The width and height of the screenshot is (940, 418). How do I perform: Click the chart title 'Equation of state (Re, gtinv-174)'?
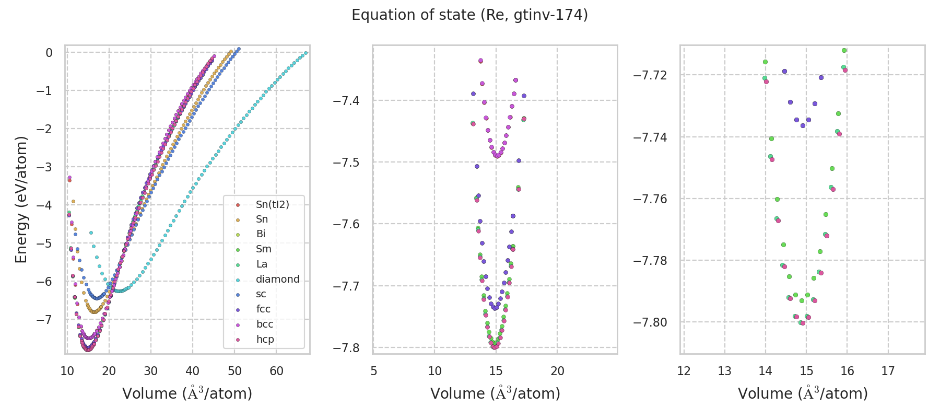point(469,15)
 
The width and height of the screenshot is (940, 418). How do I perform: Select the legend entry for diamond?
point(277,279)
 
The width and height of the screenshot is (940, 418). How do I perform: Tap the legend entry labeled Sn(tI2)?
point(272,204)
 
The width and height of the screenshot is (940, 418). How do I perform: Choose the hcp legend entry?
point(265,339)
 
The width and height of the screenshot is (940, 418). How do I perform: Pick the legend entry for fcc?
point(263,309)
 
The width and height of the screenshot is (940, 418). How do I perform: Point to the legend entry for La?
point(262,264)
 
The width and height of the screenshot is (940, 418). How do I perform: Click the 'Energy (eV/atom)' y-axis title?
point(21,200)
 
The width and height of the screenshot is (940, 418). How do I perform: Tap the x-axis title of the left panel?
point(187,393)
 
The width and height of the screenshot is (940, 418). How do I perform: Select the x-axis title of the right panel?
point(803,393)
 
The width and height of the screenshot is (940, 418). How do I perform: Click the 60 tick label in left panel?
point(276,371)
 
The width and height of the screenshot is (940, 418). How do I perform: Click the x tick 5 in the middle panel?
point(373,371)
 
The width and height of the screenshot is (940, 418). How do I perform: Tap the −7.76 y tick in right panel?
point(650,199)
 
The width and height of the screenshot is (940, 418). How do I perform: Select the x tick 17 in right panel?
point(888,371)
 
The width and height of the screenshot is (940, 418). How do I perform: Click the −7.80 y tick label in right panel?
point(650,322)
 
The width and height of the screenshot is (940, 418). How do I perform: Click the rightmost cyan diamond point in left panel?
point(305,53)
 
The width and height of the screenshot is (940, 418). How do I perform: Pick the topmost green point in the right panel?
point(844,51)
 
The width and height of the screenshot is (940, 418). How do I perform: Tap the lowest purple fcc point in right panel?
point(803,125)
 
